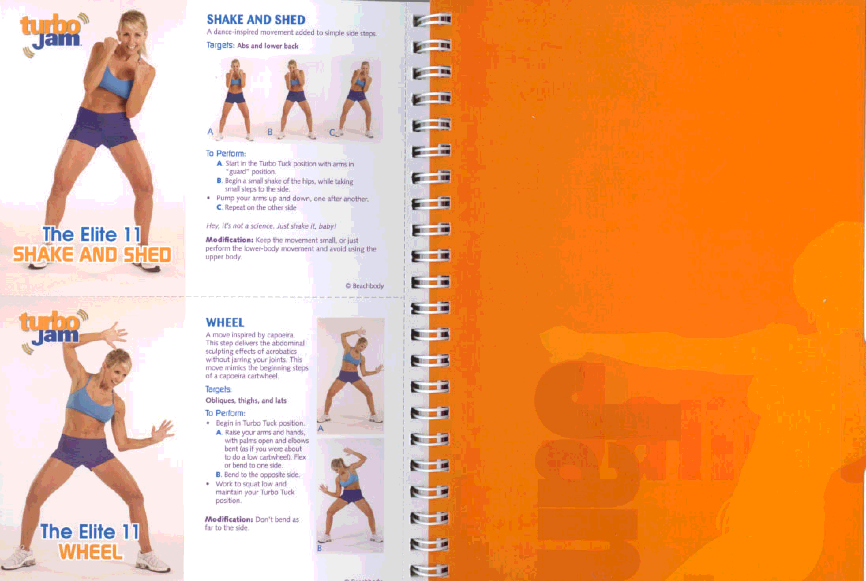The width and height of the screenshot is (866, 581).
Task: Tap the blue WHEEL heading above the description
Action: (x=225, y=322)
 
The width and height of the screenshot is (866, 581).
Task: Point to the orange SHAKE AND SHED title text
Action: (x=92, y=255)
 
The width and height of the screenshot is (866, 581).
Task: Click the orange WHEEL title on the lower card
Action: (x=91, y=552)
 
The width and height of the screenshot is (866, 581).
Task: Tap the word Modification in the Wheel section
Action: (x=229, y=519)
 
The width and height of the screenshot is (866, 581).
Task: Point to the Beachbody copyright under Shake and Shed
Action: (x=364, y=286)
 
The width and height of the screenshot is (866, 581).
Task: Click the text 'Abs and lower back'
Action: (x=268, y=46)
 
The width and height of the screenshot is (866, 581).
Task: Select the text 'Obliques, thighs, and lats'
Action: (x=246, y=400)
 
